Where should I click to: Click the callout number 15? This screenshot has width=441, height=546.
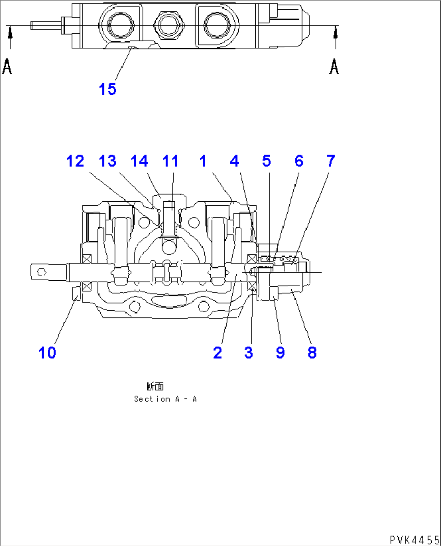pos(108,89)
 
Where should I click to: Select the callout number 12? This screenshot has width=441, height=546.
pos(75,161)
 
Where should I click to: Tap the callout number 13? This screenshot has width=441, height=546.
pos(108,161)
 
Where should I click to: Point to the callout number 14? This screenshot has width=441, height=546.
pos(139,161)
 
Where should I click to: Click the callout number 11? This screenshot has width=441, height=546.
pos(170,161)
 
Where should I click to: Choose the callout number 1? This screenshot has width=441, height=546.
pos(203,161)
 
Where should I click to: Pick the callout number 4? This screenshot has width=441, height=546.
pos(234,161)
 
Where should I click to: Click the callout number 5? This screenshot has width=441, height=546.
pos(266,161)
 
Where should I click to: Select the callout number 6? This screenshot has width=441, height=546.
pos(299,161)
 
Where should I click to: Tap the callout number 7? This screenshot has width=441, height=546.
pos(331,161)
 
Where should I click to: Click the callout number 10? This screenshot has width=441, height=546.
pos(47,353)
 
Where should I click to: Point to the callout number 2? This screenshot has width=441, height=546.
pos(218,353)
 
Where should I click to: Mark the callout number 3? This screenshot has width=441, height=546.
pos(248,353)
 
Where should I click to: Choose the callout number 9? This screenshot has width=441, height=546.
pos(280,353)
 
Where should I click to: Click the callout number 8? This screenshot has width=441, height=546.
pos(312,353)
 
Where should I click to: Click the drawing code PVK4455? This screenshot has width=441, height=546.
pos(414,540)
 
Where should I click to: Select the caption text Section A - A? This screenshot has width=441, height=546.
pos(165,399)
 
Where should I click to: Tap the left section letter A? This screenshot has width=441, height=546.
pos(7,66)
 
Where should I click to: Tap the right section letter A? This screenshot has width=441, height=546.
pos(334,66)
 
